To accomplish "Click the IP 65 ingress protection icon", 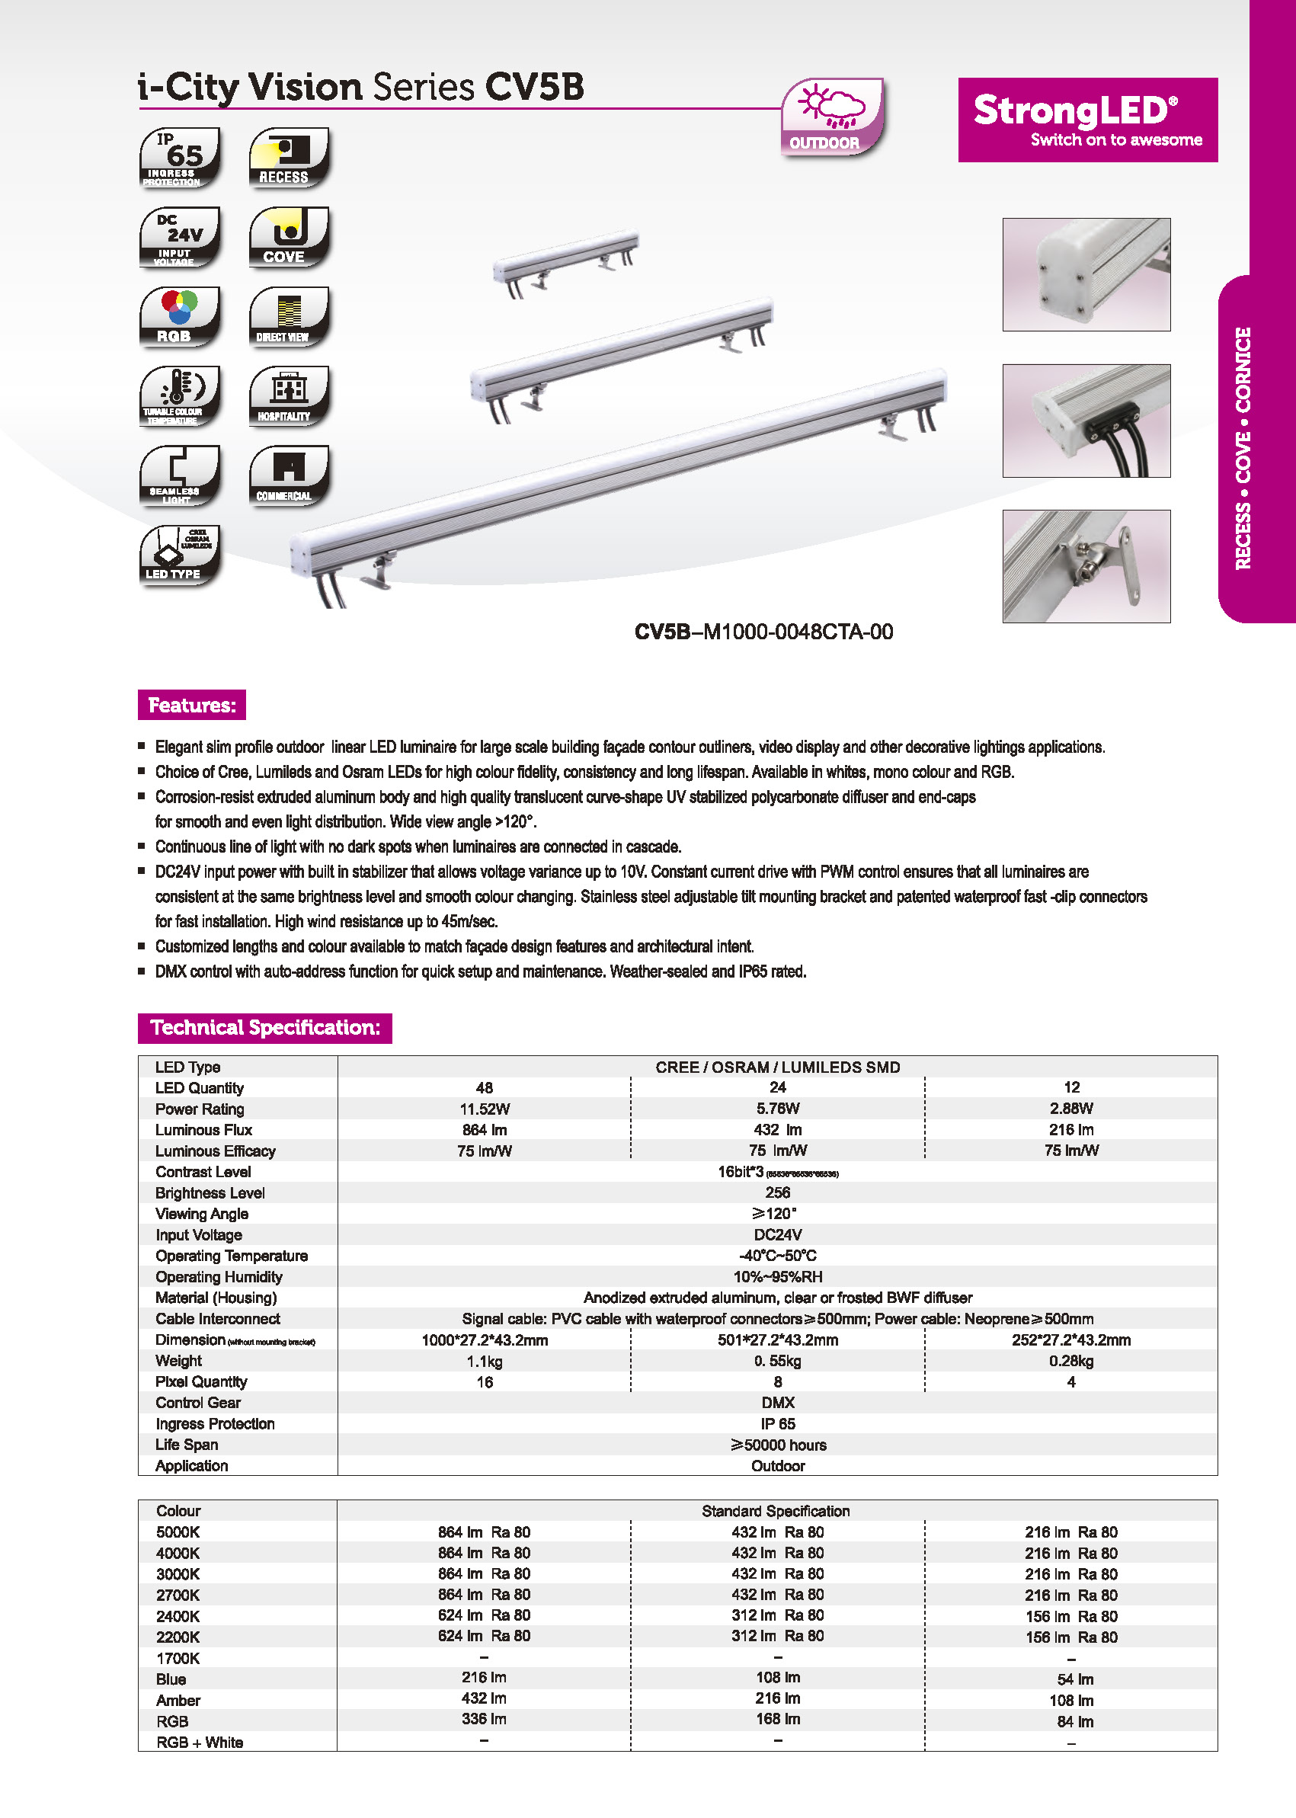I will pyautogui.click(x=180, y=157).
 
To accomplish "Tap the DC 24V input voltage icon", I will pyautogui.click(x=180, y=237).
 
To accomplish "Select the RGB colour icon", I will pyautogui.click(x=180, y=317).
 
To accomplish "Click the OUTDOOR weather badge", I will pyautogui.click(x=831, y=117).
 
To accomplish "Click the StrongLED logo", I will pyautogui.click(x=1087, y=120).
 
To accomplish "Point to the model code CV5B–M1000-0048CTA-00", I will pyautogui.click(x=763, y=632).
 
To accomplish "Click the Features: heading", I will pyautogui.click(x=191, y=705).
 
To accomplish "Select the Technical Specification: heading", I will pyautogui.click(x=264, y=1027).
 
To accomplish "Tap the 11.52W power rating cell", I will pyautogui.click(x=485, y=1109).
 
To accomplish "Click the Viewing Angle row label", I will pyautogui.click(x=202, y=1214).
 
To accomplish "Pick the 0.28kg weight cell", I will pyautogui.click(x=1071, y=1361).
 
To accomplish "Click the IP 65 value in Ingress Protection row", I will pyautogui.click(x=777, y=1424).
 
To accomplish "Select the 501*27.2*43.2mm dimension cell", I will pyautogui.click(x=777, y=1340).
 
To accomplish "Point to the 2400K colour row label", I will pyautogui.click(x=178, y=1616).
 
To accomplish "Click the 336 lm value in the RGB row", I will pyautogui.click(x=484, y=1719).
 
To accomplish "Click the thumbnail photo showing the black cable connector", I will pyautogui.click(x=1086, y=421).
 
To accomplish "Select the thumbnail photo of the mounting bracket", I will pyautogui.click(x=1086, y=566).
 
